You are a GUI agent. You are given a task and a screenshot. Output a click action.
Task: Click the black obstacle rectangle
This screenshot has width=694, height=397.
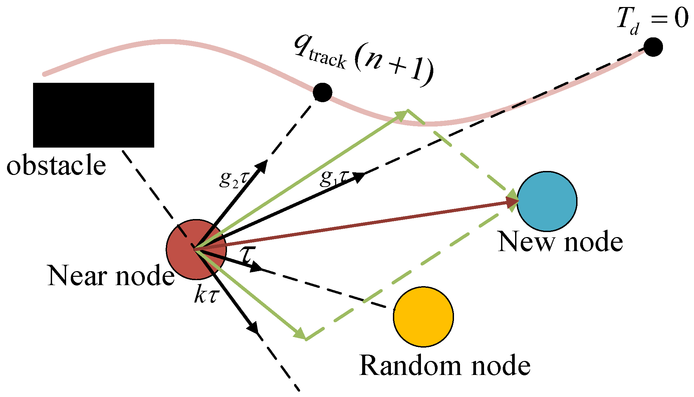(x=93, y=115)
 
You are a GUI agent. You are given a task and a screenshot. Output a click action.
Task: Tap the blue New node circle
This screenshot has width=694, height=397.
(x=547, y=201)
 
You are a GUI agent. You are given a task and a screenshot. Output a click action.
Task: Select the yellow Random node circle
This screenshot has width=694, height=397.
(x=423, y=317)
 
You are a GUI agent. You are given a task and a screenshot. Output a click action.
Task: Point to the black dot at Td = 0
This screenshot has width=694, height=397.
(x=653, y=47)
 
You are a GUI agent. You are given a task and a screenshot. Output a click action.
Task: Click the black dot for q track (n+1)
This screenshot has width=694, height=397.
(x=322, y=92)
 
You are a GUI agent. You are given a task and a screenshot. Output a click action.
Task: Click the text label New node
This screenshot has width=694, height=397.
(x=560, y=242)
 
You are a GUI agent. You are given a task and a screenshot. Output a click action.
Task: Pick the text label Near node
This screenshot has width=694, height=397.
(x=111, y=276)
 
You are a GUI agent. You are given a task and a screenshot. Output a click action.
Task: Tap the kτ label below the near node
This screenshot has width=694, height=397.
(x=206, y=295)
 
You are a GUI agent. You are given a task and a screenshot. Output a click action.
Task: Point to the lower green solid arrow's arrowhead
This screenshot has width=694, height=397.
(x=300, y=334)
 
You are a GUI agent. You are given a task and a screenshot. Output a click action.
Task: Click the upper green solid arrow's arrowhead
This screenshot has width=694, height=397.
(x=402, y=114)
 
